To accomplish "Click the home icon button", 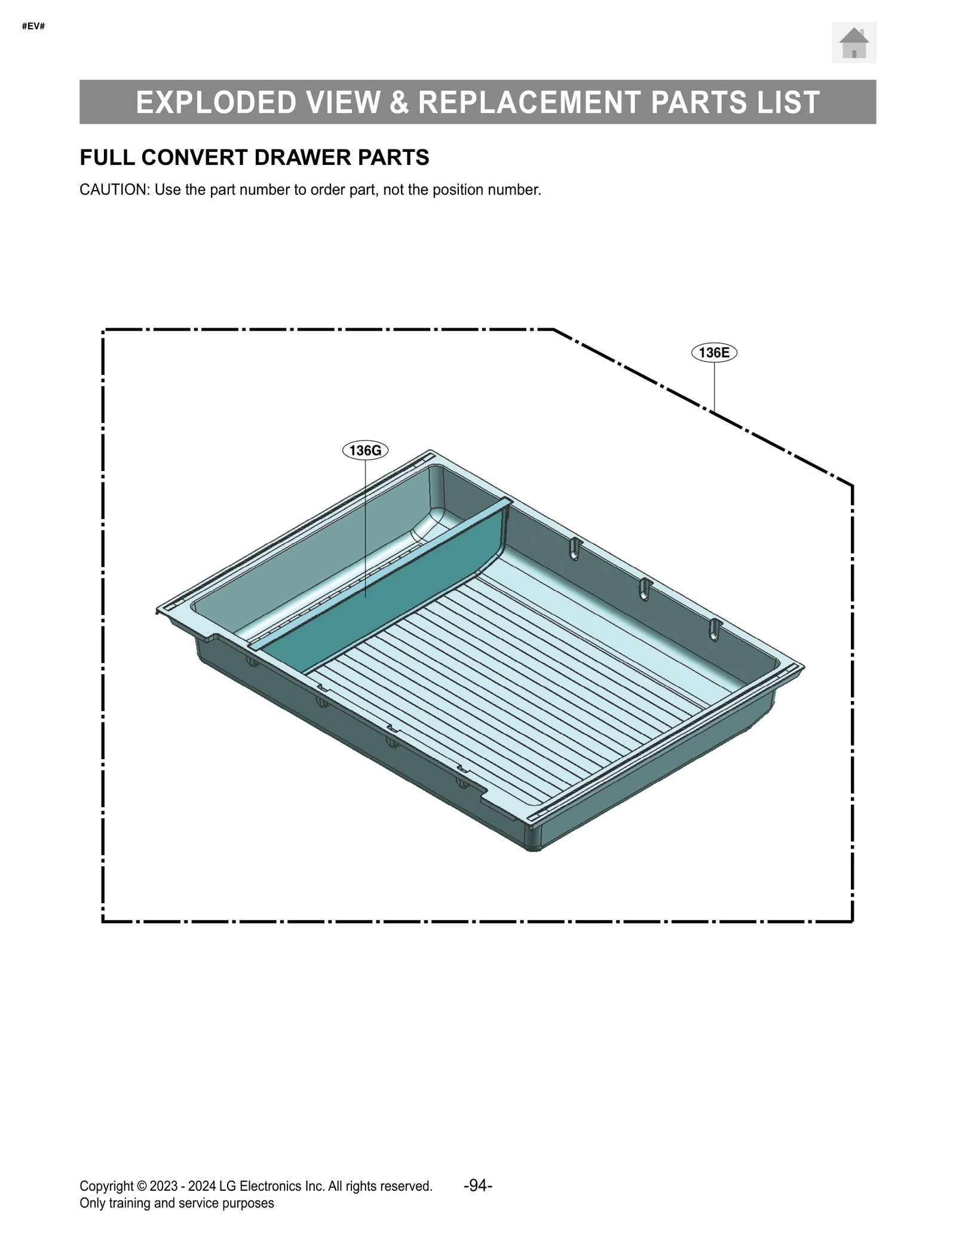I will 853,42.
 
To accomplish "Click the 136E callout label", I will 714,353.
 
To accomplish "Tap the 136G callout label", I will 365,450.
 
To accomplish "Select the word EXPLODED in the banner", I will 216,102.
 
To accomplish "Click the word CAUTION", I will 114,190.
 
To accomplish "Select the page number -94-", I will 477,1185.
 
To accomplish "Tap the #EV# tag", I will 33,26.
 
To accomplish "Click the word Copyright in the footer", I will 106,1186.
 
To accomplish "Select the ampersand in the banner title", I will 399,102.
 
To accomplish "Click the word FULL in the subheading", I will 107,157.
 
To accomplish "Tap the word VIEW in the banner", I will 344,102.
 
